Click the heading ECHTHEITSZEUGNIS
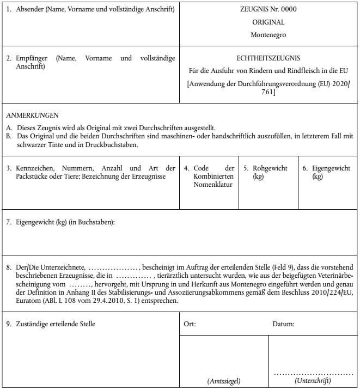pyautogui.click(x=269, y=57)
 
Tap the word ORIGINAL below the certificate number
pyautogui.click(x=269, y=22)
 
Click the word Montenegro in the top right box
pyautogui.click(x=269, y=34)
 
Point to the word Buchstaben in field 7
pyautogui.click(x=97, y=222)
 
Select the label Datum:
pyautogui.click(x=283, y=324)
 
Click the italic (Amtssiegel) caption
pyautogui.click(x=224, y=381)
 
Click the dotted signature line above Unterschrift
pyautogui.click(x=314, y=374)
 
